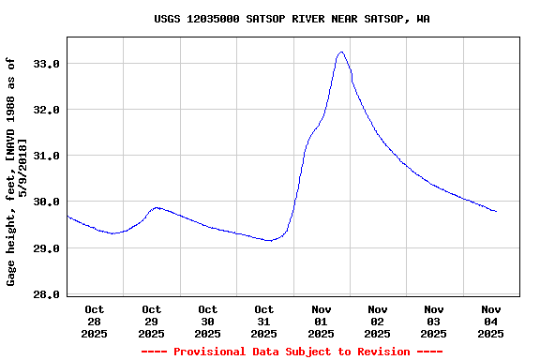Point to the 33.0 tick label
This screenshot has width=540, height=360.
click(47, 64)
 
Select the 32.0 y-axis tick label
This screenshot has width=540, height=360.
click(47, 110)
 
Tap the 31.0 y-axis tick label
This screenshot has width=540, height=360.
click(47, 156)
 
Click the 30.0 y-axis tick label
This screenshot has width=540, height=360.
click(47, 202)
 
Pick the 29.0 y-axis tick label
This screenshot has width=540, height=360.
click(47, 248)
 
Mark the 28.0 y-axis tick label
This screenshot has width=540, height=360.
click(47, 294)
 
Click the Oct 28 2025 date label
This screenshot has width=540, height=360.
click(95, 321)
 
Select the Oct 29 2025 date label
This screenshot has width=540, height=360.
click(151, 321)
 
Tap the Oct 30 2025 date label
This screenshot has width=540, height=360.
click(208, 321)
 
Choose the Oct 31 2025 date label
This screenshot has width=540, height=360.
click(264, 321)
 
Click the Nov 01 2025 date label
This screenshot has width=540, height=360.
click(321, 321)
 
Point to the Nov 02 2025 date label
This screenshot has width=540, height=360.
click(378, 321)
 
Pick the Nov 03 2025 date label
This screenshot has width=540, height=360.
click(434, 321)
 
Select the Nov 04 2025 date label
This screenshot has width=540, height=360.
click(490, 321)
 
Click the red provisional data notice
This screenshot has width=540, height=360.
click(292, 352)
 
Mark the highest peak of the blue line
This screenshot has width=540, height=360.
click(341, 52)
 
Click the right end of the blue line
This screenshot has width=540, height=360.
click(496, 212)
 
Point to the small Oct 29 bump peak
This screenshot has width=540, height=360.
click(157, 207)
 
